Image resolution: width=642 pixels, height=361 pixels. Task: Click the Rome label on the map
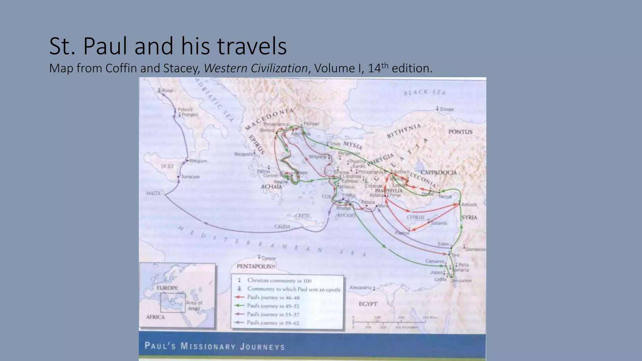167,91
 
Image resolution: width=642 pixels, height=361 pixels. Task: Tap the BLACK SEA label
424,92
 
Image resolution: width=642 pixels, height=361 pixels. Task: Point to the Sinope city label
447,109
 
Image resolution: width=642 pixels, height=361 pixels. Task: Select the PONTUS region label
460,132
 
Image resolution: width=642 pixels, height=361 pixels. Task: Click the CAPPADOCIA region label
439,173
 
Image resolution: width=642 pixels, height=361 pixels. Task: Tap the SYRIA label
469,217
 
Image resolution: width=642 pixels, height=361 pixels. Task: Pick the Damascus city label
475,249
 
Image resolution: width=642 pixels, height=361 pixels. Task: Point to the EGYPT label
368,304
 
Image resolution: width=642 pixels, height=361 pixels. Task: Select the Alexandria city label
360,288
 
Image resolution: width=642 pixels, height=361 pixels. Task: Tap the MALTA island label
153,193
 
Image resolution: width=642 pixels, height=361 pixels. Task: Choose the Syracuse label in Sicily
190,177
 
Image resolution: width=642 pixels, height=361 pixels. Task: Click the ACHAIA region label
271,187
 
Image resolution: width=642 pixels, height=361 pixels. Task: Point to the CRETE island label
303,216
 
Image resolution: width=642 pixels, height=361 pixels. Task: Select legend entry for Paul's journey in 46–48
273,297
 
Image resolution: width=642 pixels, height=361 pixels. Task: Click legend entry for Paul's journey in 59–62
273,323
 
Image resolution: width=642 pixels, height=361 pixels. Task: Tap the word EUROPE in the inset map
167,288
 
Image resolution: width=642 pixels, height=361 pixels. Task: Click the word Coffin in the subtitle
121,68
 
